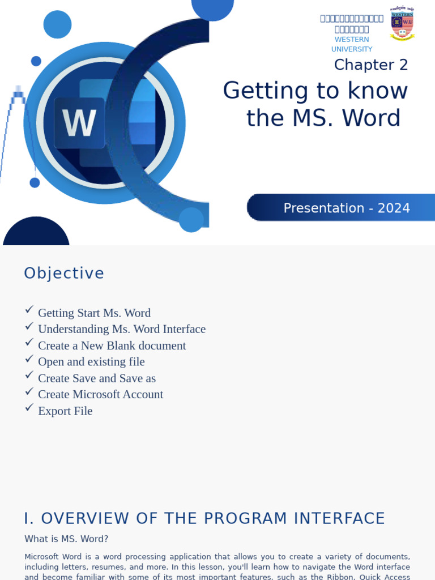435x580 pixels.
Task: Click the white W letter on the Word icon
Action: pyautogui.click(x=79, y=123)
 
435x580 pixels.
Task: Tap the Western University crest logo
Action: pyautogui.click(x=402, y=24)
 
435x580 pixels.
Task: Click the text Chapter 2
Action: pyautogui.click(x=370, y=65)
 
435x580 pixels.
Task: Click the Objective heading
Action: pyautogui.click(x=64, y=274)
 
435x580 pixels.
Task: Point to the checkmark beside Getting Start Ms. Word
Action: pyautogui.click(x=29, y=310)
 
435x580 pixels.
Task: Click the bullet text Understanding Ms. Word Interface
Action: pyautogui.click(x=121, y=329)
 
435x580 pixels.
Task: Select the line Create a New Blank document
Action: pyautogui.click(x=112, y=346)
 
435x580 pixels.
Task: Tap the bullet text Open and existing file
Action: pyautogui.click(x=91, y=362)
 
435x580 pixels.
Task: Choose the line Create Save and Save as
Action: pyautogui.click(x=96, y=378)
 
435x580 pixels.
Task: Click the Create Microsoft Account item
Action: pyautogui.click(x=100, y=395)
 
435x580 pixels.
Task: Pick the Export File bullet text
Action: pyautogui.click(x=65, y=411)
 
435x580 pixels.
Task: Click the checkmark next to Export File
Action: pyautogui.click(x=29, y=408)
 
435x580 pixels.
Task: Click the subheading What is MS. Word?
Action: pyautogui.click(x=66, y=539)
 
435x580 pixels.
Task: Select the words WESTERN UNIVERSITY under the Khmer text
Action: pyautogui.click(x=352, y=44)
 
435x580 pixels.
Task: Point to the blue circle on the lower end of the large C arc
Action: pyautogui.click(x=191, y=220)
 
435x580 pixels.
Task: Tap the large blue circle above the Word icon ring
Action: pyautogui.click(x=57, y=24)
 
